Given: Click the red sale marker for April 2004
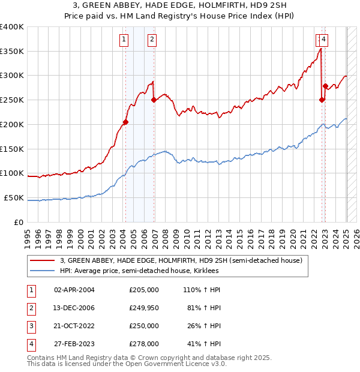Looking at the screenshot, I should [125, 122].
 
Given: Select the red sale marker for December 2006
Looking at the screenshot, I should [154, 100].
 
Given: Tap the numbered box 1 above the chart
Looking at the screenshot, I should [124, 40].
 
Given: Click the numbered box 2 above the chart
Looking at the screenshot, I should [152, 40].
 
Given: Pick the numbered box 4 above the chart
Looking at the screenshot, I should [323, 40].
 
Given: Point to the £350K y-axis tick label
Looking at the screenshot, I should [12, 52].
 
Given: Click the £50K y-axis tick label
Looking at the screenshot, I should [14, 197].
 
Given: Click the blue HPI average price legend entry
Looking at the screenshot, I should [139, 271].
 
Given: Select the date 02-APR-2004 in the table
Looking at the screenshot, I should [74, 290].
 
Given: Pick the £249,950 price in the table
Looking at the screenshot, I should [144, 308].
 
